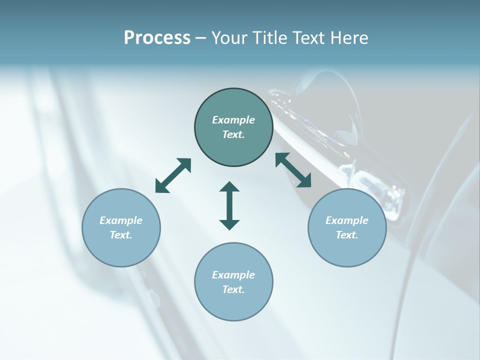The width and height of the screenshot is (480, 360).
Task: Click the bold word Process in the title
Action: click(157, 38)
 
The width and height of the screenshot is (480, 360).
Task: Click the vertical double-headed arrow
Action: click(229, 205)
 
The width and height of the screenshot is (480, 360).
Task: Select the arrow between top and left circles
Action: click(173, 175)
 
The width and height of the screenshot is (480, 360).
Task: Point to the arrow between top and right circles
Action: click(293, 170)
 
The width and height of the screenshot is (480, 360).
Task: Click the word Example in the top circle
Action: click(233, 120)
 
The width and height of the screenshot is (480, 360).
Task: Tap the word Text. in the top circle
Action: click(233, 134)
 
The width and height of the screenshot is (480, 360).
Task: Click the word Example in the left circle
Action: click(121, 220)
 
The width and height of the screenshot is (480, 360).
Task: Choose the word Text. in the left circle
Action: click(121, 235)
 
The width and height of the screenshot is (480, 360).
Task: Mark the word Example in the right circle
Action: click(347, 220)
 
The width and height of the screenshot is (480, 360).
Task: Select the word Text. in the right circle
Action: click(347, 235)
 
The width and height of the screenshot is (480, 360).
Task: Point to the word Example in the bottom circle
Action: click(233, 275)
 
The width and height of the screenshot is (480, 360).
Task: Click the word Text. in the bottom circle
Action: click(233, 289)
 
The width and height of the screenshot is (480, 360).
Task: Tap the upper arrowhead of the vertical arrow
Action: click(229, 187)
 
